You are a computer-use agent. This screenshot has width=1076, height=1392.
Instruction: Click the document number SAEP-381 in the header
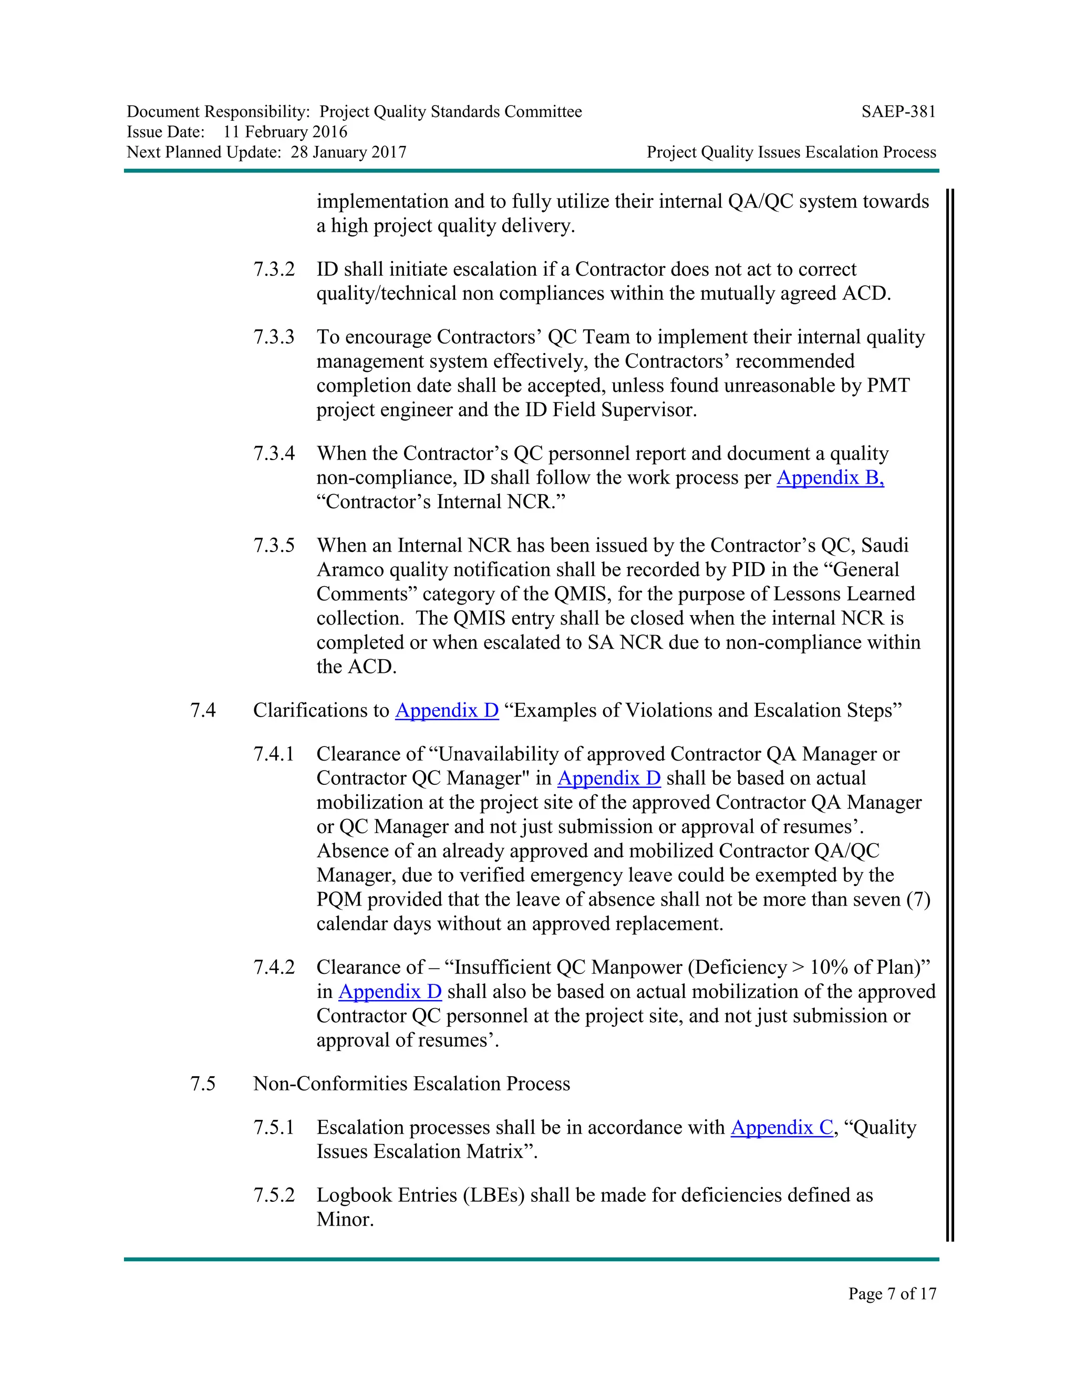(x=898, y=112)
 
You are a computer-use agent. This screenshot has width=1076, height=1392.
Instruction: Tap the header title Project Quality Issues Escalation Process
(x=791, y=152)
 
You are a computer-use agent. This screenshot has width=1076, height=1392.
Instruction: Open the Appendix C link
(x=781, y=1127)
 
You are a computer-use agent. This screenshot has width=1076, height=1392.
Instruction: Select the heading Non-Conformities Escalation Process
(x=411, y=1084)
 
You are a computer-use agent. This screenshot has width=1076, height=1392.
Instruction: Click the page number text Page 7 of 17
(x=892, y=1293)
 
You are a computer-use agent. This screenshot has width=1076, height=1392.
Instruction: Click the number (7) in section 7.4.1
(x=918, y=899)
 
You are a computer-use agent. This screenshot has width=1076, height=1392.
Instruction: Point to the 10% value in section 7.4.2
(x=829, y=967)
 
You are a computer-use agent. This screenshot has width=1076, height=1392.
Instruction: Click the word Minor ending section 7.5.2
(x=344, y=1219)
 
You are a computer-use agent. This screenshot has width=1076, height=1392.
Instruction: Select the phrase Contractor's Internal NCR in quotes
(x=440, y=502)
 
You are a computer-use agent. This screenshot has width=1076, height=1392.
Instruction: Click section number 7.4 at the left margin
(x=203, y=710)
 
